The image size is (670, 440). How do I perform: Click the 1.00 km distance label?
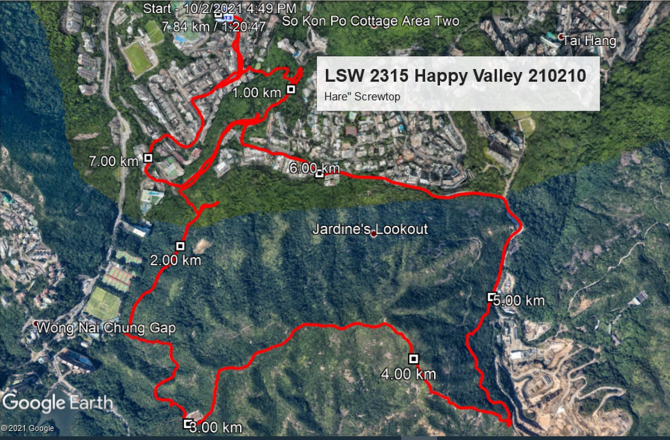point(256,93)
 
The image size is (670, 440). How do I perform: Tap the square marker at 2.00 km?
point(180,246)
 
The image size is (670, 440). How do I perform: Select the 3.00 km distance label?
point(216,427)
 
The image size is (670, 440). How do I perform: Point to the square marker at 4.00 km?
point(413,359)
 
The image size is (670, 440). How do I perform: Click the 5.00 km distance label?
point(519,301)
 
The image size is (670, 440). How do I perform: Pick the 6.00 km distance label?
point(314,168)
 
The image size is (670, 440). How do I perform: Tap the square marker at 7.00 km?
point(148,158)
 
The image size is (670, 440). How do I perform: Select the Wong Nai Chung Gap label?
point(106,328)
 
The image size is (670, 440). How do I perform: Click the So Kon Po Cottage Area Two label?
point(370,21)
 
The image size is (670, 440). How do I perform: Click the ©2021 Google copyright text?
point(28,428)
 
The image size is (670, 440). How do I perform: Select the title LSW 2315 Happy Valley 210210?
point(455,76)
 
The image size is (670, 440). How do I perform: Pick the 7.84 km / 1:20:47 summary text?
point(214,26)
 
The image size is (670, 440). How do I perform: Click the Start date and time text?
point(219,9)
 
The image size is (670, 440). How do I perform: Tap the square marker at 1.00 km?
point(291,89)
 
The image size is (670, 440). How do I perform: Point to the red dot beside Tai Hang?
point(561,37)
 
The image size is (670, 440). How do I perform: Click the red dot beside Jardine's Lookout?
point(374,234)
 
